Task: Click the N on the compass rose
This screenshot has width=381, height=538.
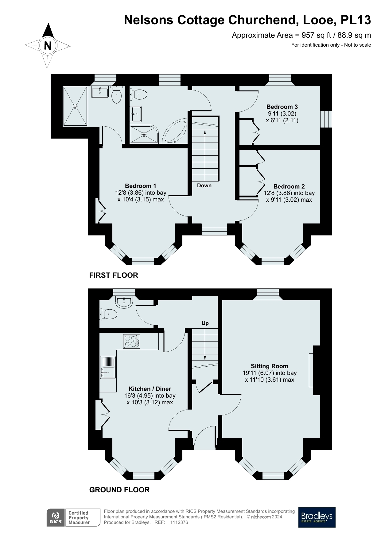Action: coord(48,46)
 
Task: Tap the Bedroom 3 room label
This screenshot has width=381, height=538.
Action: coord(282,107)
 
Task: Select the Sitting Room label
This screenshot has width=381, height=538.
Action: coord(269,366)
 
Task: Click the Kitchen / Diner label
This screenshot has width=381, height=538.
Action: coord(150,389)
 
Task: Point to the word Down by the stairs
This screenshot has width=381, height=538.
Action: coord(204,185)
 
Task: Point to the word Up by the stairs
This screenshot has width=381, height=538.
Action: coord(205,323)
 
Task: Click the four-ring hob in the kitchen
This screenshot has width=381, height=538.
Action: coord(132,341)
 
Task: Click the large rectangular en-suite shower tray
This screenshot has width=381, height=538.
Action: coord(75,106)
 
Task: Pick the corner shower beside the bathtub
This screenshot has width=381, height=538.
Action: coord(144,134)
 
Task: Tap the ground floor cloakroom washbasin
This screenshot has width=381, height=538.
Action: coord(124,301)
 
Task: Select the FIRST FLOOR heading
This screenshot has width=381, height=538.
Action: coord(114,275)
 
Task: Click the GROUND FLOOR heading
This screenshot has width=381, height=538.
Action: coord(119,490)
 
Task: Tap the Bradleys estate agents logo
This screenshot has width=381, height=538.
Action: coord(317,517)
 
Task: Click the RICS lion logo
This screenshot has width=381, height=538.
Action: coord(56,517)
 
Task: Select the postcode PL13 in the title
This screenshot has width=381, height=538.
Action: coord(356,20)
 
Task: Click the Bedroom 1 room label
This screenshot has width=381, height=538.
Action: coord(141,186)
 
